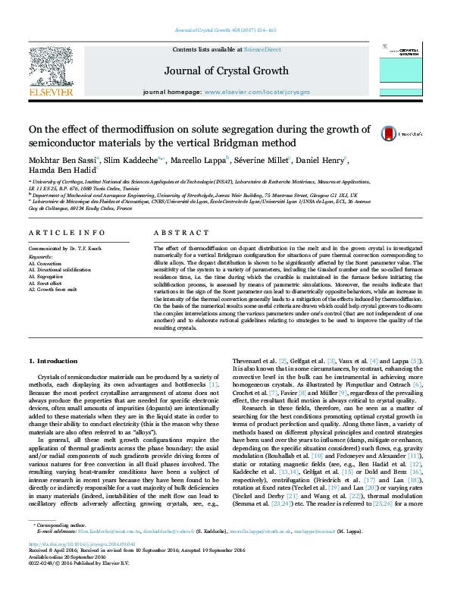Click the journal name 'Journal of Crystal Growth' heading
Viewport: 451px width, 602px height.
(x=225, y=69)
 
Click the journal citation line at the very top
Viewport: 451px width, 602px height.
(x=225, y=30)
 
